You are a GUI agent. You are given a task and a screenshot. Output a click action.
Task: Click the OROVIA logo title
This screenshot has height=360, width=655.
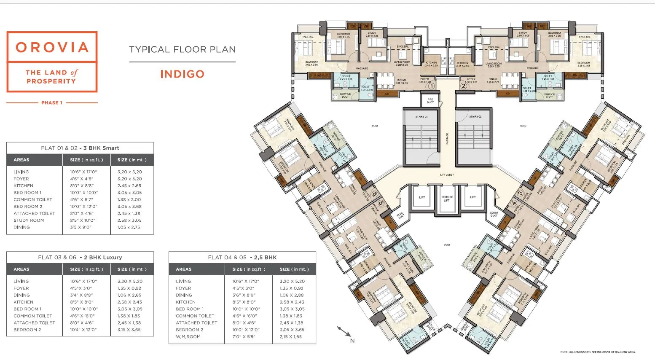(x=52, y=47)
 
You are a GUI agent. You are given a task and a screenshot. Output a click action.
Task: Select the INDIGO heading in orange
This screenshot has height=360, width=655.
(x=182, y=74)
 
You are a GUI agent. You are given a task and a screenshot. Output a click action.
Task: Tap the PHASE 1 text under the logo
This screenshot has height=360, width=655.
(x=52, y=102)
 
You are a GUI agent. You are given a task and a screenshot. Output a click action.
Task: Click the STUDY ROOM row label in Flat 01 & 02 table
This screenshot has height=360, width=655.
(x=29, y=220)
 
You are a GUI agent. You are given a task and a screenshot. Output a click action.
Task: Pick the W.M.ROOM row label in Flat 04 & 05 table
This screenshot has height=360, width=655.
(x=188, y=336)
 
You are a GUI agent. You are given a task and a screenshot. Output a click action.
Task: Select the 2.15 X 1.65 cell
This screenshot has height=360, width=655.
(x=291, y=336)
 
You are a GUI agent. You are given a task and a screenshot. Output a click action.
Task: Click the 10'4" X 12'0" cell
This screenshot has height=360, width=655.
(x=83, y=330)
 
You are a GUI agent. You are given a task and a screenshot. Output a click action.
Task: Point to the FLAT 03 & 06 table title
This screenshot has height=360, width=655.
(x=80, y=257)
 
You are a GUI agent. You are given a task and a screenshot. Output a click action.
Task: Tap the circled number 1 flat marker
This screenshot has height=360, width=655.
(x=431, y=86)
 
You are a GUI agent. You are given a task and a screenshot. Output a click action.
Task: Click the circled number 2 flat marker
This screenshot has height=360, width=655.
(x=463, y=86)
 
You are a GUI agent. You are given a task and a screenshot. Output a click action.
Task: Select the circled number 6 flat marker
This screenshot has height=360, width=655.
(x=375, y=194)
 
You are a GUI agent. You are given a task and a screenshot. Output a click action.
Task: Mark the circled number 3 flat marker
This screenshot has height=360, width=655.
(x=520, y=193)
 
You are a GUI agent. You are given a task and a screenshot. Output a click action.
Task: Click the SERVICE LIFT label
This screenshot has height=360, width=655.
(x=447, y=199)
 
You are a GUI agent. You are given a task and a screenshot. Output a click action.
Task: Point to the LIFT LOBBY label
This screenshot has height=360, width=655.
(x=447, y=175)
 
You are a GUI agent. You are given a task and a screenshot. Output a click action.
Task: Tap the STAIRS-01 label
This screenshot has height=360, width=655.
(x=421, y=117)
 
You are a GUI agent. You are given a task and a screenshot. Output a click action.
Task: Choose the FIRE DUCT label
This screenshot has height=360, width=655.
(x=430, y=100)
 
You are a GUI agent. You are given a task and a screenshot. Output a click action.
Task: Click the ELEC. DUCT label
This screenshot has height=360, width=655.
(x=400, y=215)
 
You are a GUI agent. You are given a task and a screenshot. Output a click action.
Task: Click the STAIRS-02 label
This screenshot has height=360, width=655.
(x=475, y=117)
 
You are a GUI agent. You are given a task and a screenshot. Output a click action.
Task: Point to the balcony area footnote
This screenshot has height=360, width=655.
(x=597, y=352)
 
